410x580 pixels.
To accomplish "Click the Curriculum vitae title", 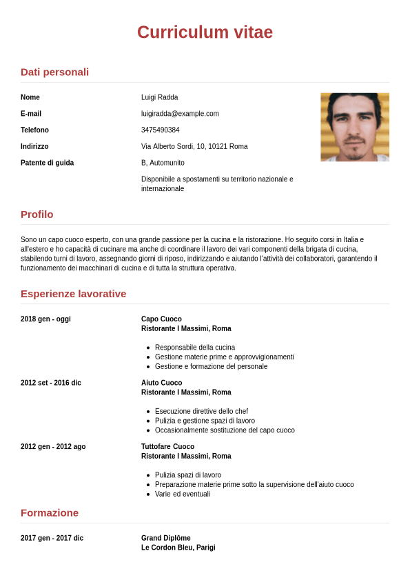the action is click(x=205, y=32).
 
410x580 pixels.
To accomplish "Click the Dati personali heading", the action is click(x=54, y=72).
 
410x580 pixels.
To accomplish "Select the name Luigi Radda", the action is click(x=159, y=97).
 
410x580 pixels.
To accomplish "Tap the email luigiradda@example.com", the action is click(x=180, y=114).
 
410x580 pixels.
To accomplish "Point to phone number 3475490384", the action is click(x=160, y=130).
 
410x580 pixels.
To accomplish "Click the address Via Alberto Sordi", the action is click(x=194, y=147).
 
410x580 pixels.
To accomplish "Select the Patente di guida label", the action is click(x=47, y=163).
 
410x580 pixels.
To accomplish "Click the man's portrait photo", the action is click(x=354, y=127).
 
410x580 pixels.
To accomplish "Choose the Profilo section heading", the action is click(x=37, y=214).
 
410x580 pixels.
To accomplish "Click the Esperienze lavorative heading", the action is click(x=73, y=294).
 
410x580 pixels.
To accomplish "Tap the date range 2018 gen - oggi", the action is click(x=45, y=319).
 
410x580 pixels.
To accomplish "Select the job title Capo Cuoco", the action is click(x=161, y=319).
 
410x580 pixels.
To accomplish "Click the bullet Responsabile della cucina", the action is click(x=195, y=348).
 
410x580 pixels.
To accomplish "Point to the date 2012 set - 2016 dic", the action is click(x=50, y=383).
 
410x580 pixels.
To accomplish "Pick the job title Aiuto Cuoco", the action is click(x=161, y=383).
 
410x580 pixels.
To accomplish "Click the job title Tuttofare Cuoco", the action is click(x=167, y=447).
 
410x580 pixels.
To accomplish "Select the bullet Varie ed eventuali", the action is click(x=183, y=494).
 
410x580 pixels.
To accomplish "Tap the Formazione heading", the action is click(x=50, y=513).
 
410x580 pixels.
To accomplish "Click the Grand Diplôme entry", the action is click(x=165, y=538).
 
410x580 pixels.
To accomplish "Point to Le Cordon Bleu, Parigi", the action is click(x=178, y=548).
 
